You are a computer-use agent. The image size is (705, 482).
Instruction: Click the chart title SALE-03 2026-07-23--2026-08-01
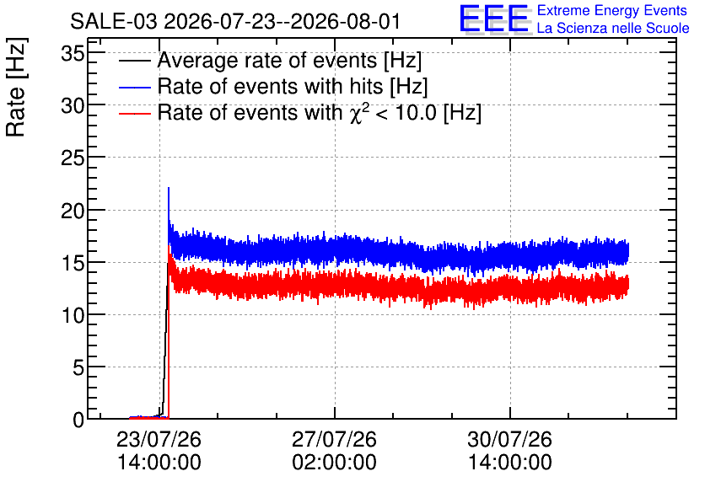click(234, 21)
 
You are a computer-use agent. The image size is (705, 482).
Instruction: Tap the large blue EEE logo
click(494, 19)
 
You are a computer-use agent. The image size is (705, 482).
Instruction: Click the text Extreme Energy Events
click(612, 10)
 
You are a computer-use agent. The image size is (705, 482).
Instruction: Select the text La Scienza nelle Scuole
click(613, 29)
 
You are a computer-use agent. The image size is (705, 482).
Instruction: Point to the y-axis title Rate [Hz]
click(16, 87)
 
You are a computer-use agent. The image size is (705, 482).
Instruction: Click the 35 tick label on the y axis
click(73, 54)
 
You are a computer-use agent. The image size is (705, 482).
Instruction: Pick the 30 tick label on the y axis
click(73, 106)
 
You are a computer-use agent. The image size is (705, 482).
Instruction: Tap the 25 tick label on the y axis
click(73, 158)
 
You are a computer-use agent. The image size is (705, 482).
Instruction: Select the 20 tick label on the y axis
click(73, 211)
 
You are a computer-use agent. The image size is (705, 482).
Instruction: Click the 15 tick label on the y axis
click(73, 263)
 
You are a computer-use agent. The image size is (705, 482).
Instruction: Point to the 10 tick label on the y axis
click(73, 316)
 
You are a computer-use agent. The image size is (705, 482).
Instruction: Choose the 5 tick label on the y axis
click(78, 368)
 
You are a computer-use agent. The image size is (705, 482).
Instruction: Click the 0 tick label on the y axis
click(78, 420)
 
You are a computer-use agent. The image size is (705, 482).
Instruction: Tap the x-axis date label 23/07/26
click(159, 439)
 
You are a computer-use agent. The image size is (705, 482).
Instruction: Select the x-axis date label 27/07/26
click(334, 439)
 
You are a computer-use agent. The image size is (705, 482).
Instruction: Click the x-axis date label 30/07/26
click(509, 439)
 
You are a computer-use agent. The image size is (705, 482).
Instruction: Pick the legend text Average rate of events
click(267, 60)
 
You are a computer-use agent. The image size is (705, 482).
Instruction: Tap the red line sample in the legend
click(134, 114)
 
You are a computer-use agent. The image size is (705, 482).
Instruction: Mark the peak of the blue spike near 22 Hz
click(169, 188)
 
